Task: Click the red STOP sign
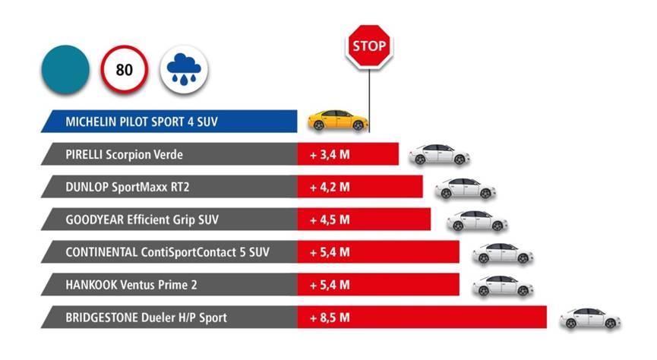click(369, 47)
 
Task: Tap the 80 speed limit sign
click(124, 71)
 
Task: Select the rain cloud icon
click(185, 71)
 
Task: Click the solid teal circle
click(65, 71)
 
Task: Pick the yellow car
click(338, 120)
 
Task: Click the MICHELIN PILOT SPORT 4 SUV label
click(141, 121)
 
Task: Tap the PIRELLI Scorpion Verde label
click(125, 155)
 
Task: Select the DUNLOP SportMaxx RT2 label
click(125, 187)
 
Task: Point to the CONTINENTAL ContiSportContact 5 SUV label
click(167, 252)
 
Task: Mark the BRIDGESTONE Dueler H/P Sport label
click(146, 317)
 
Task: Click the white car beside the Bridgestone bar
click(590, 318)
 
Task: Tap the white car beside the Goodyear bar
click(477, 220)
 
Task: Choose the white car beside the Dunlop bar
click(465, 188)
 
